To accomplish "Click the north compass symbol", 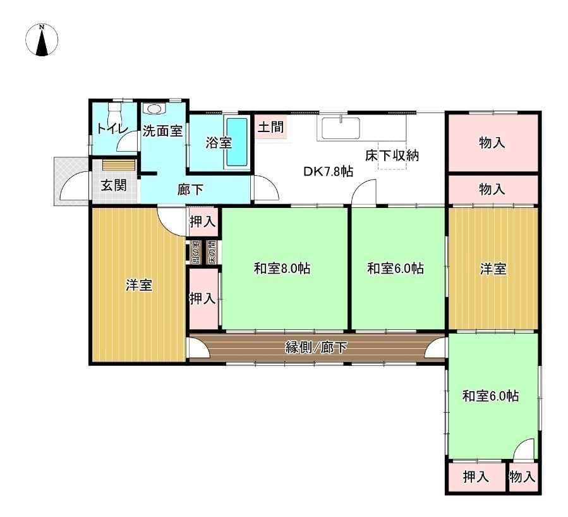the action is point(42,40).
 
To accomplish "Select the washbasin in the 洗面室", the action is point(155,108).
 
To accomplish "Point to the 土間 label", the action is point(271,127).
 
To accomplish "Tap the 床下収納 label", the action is point(392,155).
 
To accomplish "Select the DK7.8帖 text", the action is point(328,171).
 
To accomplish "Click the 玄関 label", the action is point(114,185).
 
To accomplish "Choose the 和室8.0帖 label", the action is point(282,269).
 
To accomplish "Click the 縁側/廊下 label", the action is point(317,348).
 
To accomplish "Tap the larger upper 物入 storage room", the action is point(493,142).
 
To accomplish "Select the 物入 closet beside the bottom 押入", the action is point(523,477).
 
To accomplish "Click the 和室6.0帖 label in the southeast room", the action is point(490,396).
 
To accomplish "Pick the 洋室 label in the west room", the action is point(139,285).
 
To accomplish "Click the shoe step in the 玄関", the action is point(119,165).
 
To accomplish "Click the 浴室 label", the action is point(219,142).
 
